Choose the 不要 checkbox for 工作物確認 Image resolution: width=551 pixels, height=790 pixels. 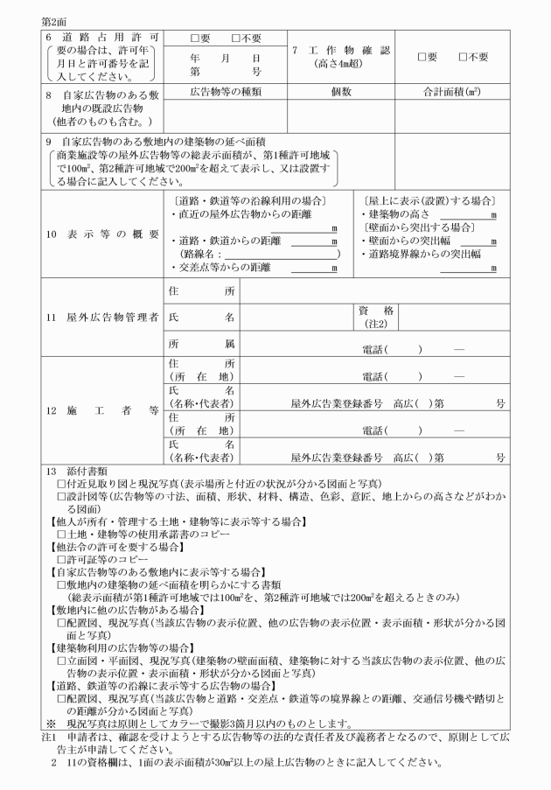click(x=464, y=56)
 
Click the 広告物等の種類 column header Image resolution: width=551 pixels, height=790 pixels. click(x=225, y=91)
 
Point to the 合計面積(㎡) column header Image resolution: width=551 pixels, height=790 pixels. click(x=450, y=91)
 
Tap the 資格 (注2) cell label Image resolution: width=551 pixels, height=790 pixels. click(x=376, y=317)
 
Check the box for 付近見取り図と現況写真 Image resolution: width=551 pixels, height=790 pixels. click(x=62, y=484)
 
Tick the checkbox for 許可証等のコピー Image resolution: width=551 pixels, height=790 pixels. click(x=62, y=557)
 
